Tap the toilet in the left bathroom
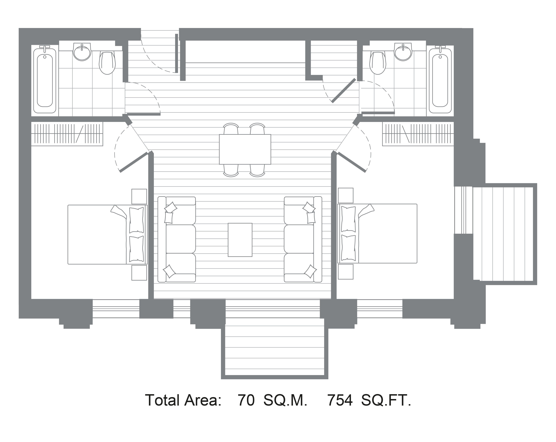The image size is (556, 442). pyautogui.click(x=107, y=63)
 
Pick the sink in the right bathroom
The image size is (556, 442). pyautogui.click(x=403, y=52)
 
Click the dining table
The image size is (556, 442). pyautogui.click(x=245, y=149)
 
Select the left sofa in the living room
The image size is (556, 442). pyautogui.click(x=177, y=239)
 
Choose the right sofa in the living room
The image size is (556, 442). pyautogui.click(x=303, y=239)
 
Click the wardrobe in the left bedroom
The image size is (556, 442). pyautogui.click(x=67, y=134)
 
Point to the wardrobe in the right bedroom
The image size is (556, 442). pyautogui.click(x=418, y=134)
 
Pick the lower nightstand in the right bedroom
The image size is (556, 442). pyautogui.click(x=346, y=272)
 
